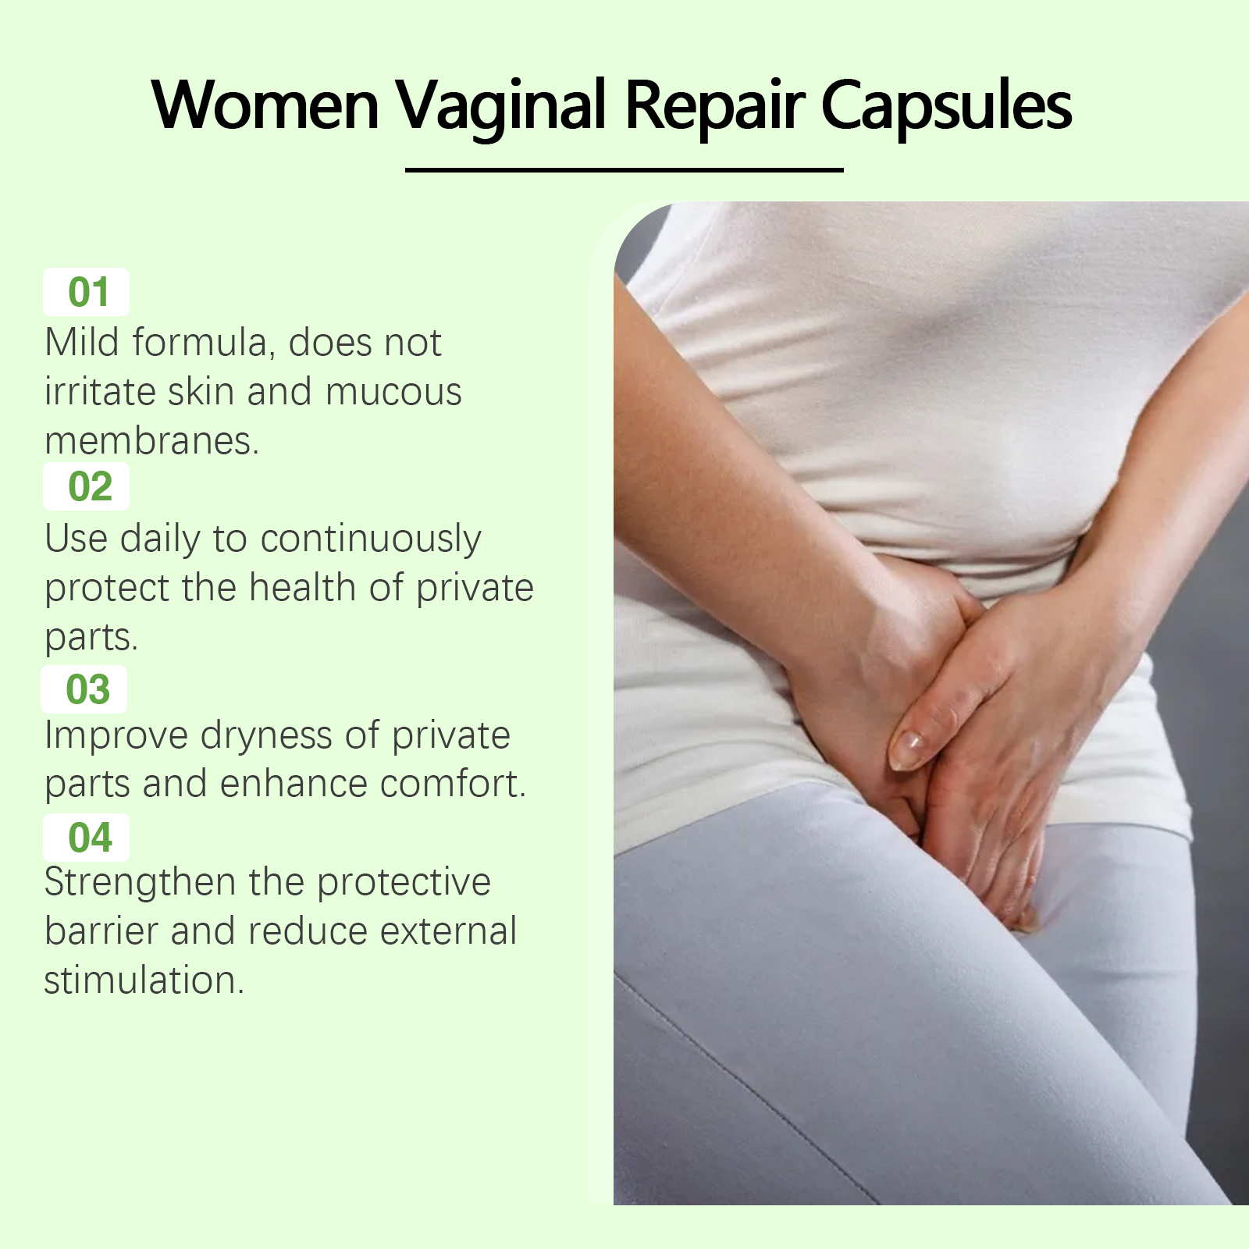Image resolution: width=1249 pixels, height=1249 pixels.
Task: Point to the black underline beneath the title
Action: click(x=624, y=169)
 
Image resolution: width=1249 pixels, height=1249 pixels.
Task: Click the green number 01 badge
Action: click(x=87, y=292)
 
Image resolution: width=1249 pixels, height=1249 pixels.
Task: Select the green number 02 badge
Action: click(x=87, y=486)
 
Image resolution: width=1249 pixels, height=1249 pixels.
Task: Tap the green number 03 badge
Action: click(x=84, y=689)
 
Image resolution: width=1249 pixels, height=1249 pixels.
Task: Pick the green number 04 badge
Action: click(x=87, y=838)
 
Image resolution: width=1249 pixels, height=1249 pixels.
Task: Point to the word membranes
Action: click(x=151, y=440)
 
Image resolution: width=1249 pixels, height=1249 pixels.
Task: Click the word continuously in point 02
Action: click(x=371, y=540)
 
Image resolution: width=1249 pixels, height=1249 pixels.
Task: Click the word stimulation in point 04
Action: click(x=144, y=980)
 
